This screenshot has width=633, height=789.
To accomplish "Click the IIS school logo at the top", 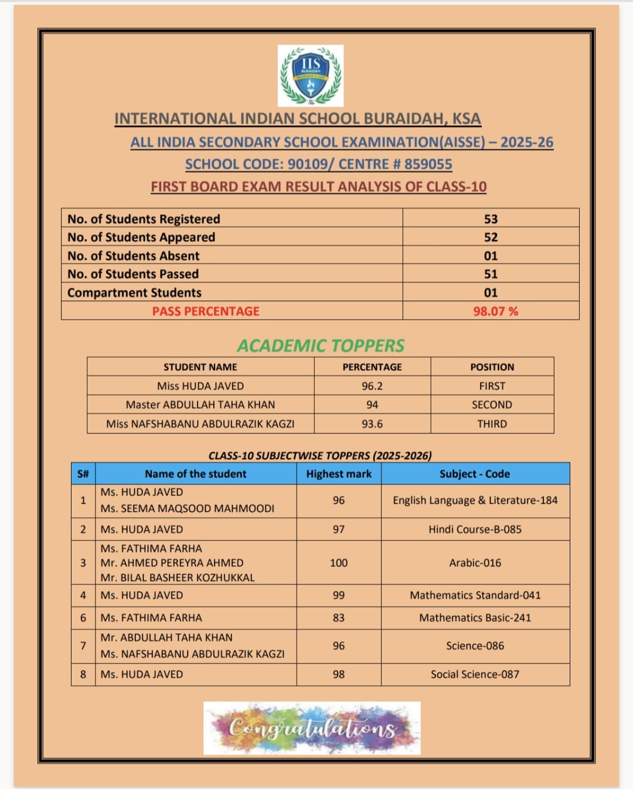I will [311, 76].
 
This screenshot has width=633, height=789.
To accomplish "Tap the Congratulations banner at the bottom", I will [312, 728].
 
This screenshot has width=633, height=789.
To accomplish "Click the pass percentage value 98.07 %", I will [495, 311].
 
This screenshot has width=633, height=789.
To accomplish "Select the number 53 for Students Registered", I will [491, 219].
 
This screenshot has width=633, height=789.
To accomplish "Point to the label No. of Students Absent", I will [133, 256].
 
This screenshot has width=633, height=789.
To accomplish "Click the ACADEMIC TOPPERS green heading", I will [321, 346].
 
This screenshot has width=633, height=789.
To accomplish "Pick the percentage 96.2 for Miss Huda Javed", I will [372, 386].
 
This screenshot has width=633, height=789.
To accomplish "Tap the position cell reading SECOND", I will [492, 405].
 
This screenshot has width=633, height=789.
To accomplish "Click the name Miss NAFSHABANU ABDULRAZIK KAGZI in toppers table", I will [200, 423].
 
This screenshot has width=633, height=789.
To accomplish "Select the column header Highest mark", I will [339, 474].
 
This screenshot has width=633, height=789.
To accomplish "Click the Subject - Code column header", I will [475, 474].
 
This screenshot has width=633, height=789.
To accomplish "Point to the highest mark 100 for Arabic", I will [339, 563].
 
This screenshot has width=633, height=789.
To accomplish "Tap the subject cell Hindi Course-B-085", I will [475, 530].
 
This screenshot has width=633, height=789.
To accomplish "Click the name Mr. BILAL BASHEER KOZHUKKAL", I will [178, 578].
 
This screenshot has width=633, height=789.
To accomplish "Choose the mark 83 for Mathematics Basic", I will [339, 618].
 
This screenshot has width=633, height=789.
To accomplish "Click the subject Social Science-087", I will [475, 674].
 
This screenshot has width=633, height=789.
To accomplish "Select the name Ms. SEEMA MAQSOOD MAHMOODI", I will [187, 508].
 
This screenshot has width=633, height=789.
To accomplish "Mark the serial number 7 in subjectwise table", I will [83, 645].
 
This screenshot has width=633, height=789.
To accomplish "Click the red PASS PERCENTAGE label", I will [206, 311].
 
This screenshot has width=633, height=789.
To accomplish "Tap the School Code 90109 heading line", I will [318, 164].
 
